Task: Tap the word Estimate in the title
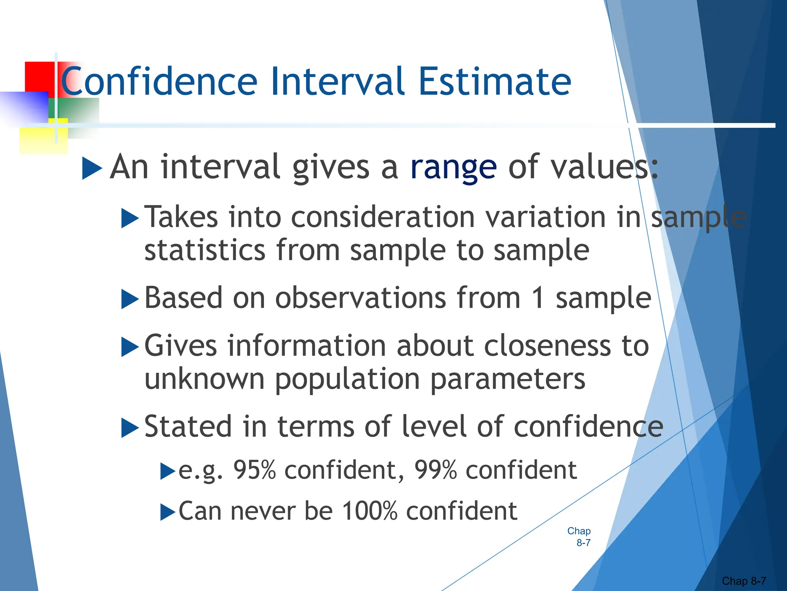coord(494,82)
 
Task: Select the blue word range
coord(453,168)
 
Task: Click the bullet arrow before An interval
coord(92,169)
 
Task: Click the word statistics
coord(205,250)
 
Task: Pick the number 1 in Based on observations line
coord(538,298)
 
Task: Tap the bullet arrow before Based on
coord(130,299)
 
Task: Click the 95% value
coord(255,470)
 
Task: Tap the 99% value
coord(436,470)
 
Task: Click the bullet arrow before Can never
coord(168,512)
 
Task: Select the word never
coord(263,512)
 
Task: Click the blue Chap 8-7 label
coord(579,537)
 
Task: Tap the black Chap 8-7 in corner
coord(744,581)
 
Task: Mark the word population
coord(347,379)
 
